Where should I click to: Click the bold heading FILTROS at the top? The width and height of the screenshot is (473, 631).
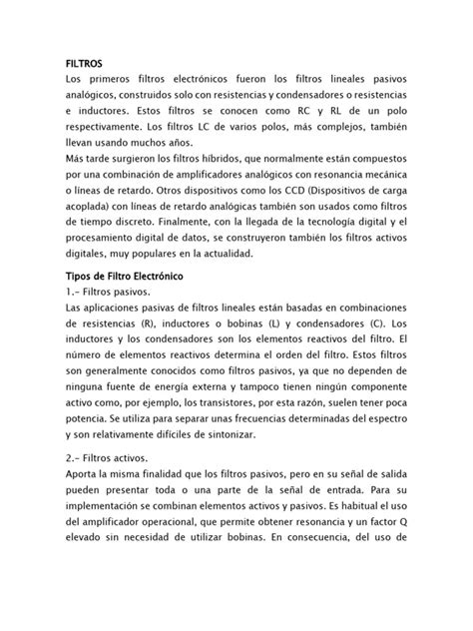click(x=85, y=63)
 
